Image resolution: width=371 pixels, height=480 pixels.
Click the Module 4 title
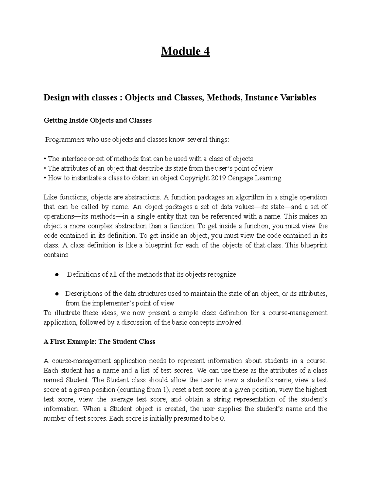coord(185,51)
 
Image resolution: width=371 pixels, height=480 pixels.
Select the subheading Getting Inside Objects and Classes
coord(97,121)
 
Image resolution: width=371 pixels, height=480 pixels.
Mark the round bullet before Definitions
coord(57,274)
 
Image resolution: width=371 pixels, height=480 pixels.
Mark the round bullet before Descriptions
coord(57,294)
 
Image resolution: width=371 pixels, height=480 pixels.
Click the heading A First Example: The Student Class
coord(99,342)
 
